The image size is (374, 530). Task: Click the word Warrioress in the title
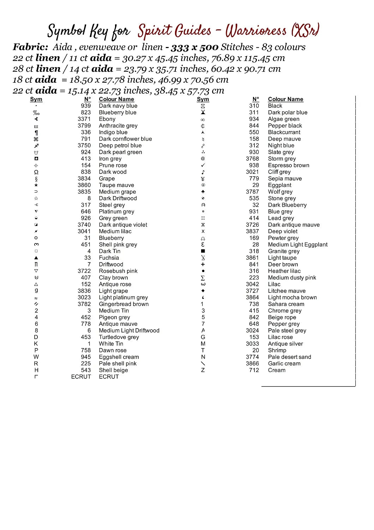256,31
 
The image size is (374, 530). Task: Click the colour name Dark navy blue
118,106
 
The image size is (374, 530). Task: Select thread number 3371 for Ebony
84,119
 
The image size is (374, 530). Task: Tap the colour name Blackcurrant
284,132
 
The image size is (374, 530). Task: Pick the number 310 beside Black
254,106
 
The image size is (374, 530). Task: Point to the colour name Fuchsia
109,258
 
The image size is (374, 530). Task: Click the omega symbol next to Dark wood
36,172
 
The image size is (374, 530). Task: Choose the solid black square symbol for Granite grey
203,251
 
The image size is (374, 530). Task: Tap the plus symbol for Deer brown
203,264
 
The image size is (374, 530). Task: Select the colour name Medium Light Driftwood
129,331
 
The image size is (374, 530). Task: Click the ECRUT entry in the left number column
81,377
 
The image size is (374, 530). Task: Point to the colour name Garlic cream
284,364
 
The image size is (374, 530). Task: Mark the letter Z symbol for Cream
203,370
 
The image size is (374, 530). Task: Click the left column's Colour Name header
116,99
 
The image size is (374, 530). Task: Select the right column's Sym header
203,99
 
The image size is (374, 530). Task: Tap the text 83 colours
283,47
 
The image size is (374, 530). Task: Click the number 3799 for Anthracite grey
84,126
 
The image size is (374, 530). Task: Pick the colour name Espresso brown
288,165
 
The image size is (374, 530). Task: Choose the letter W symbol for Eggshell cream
36,357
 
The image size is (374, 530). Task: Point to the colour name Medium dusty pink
292,278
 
